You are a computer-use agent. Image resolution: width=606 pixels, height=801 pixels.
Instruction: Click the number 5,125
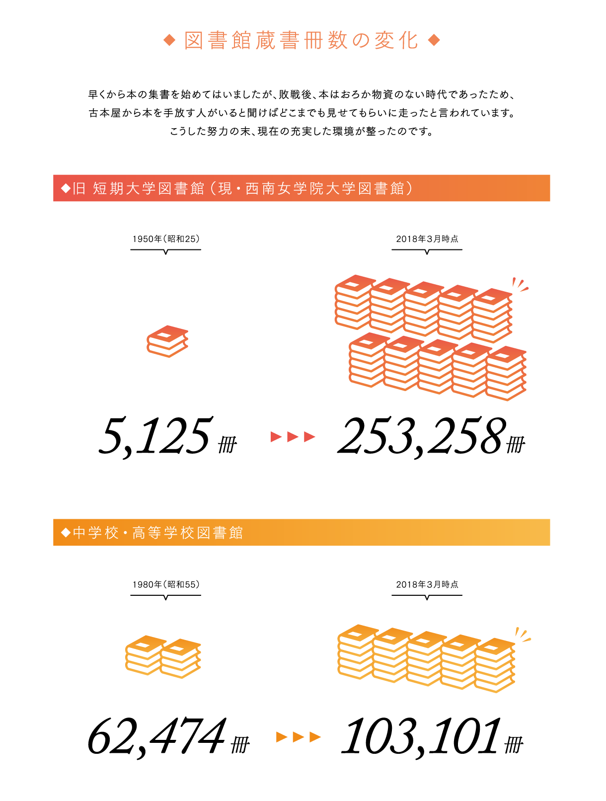pos(155,436)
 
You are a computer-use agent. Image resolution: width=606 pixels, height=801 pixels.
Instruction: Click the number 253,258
pos(421,436)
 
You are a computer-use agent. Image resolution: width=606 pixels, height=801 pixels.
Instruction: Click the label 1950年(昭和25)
pos(165,239)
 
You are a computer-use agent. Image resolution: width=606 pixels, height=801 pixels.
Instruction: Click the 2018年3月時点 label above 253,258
pos(427,239)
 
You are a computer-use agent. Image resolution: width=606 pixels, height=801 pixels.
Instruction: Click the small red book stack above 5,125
pos(167,341)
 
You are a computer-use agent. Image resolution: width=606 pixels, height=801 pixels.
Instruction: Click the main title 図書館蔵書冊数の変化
pos(301,40)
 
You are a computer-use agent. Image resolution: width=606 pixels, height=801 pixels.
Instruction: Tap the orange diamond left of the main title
pos(169,40)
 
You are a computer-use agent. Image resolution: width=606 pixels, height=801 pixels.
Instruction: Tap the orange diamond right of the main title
pos(434,40)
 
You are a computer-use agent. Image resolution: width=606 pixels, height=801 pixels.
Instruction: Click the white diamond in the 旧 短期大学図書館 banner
pos(66,188)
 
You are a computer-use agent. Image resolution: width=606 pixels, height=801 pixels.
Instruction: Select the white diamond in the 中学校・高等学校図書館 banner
pos(66,532)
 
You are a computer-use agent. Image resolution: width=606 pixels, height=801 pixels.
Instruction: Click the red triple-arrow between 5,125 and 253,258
pos(293,436)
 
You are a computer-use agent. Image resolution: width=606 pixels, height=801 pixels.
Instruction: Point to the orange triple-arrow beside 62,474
pos(298,737)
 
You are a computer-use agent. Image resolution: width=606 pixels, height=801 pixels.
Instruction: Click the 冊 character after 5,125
pos(227,444)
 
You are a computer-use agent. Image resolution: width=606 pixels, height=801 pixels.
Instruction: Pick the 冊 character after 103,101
pos(514,744)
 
